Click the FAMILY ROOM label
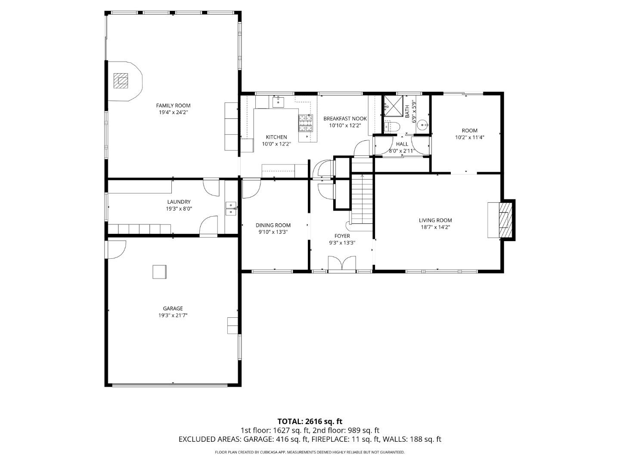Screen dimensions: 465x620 (x=173, y=105)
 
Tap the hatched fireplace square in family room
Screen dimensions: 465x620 (x=121, y=81)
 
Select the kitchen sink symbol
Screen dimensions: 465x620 (x=278, y=102)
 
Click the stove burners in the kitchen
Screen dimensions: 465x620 (x=305, y=123)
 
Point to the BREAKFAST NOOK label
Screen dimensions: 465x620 (x=345, y=118)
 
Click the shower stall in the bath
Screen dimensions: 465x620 (x=392, y=106)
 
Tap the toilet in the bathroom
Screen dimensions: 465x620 (x=391, y=126)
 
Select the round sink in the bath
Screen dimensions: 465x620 (x=423, y=125)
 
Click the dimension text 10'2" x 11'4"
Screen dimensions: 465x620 (x=470, y=138)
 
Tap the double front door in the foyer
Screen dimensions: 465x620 (x=342, y=263)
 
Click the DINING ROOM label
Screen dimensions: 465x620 (x=273, y=225)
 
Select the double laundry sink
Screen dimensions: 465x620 (x=231, y=208)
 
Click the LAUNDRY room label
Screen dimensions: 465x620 (x=179, y=202)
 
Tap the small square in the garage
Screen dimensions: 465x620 (x=160, y=272)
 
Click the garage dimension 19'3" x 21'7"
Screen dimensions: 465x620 (x=173, y=315)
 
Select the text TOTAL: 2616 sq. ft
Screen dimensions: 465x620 (x=310, y=421)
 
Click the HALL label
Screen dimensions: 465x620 (x=402, y=144)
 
